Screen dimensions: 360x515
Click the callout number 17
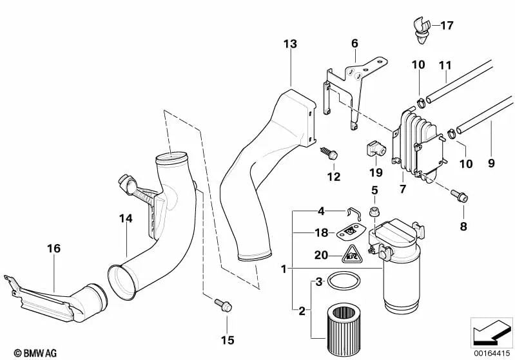click(447, 26)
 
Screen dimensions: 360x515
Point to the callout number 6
click(354, 43)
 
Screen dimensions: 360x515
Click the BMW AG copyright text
click(22, 352)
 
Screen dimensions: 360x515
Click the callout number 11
click(445, 64)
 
